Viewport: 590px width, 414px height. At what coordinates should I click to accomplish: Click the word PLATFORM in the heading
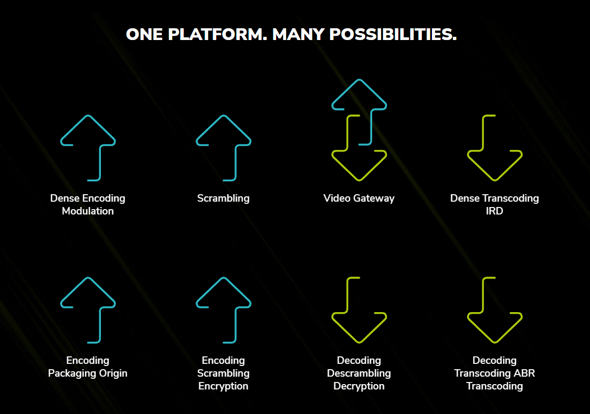217,34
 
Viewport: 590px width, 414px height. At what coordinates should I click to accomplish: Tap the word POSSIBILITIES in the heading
393,34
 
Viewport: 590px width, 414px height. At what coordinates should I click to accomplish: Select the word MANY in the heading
298,34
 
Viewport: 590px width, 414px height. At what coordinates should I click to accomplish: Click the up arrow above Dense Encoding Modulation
100,162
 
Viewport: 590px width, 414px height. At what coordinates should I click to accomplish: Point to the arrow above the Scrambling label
235,162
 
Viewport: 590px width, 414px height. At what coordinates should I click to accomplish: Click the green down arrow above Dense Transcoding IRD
483,133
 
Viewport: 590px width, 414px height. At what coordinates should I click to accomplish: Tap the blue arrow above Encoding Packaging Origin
100,324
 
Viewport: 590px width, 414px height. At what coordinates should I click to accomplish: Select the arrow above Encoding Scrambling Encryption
235,324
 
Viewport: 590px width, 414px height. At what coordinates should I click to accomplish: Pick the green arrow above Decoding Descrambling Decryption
347,296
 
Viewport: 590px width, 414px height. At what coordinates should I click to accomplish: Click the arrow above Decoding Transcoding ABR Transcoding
483,296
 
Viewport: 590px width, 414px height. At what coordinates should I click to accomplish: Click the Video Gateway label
359,198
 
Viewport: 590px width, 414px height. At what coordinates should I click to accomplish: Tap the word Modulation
88,211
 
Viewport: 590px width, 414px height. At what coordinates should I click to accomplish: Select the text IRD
494,211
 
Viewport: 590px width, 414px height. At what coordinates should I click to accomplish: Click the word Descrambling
359,373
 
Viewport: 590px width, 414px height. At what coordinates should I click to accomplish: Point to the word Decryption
359,386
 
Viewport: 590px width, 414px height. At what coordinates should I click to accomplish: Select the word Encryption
223,386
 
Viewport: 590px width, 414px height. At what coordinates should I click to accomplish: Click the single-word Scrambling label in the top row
223,198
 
